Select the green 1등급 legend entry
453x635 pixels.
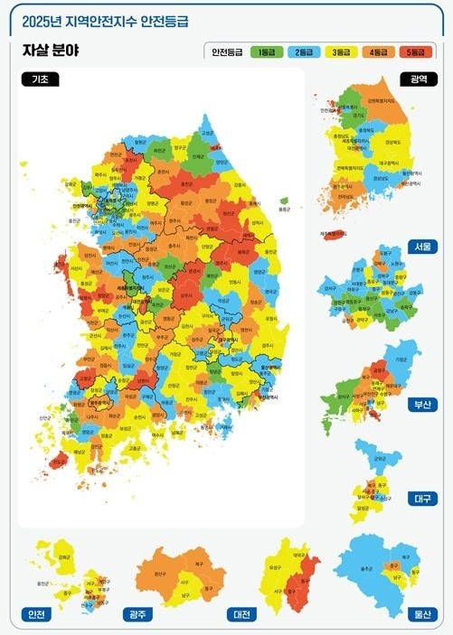coord(267,52)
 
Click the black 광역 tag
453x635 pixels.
coord(419,79)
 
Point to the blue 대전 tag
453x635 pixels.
coord(241,614)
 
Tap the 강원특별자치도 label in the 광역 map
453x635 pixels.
coord(373,101)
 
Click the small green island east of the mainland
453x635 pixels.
coord(283,201)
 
